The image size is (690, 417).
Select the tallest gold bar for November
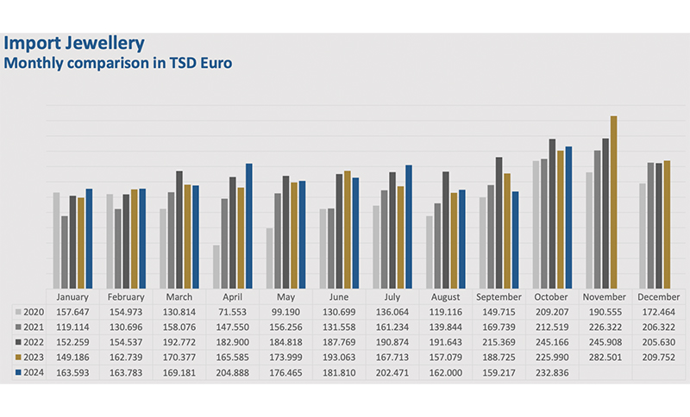(x=613, y=202)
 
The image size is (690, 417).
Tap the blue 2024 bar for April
(x=249, y=226)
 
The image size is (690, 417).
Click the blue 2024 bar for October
(x=568, y=217)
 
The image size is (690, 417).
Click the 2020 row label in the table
(x=31, y=311)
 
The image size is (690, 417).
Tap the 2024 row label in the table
(x=31, y=373)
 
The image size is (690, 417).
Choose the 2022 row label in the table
(x=31, y=342)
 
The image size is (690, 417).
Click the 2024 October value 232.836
(x=552, y=373)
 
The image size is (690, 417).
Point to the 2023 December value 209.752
(x=659, y=358)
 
